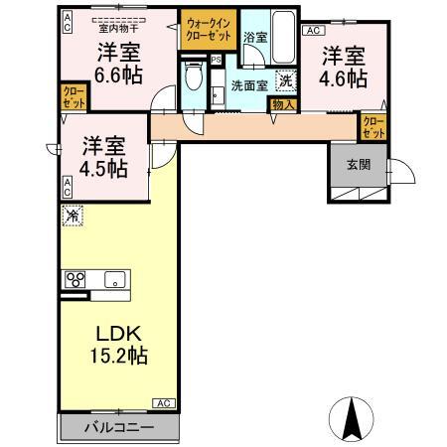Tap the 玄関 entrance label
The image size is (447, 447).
pyautogui.click(x=358, y=165)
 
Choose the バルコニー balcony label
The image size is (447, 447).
pyautogui.click(x=118, y=426)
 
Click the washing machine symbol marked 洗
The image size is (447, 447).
pyautogui.click(x=285, y=82)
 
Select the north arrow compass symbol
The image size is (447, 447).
pyautogui.click(x=351, y=420)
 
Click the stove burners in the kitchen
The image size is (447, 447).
pyautogui.click(x=74, y=279)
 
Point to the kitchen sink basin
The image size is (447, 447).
pyautogui.click(x=112, y=278)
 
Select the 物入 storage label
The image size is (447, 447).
pyautogui.click(x=283, y=103)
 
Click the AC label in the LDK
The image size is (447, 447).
pyautogui.click(x=164, y=402)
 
